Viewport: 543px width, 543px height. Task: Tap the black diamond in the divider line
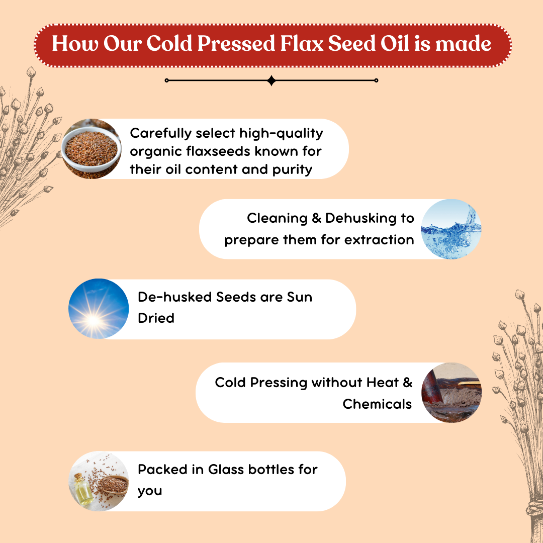[x=271, y=80]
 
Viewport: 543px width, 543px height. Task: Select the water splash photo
[x=451, y=229]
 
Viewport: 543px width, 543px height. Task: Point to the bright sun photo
[x=99, y=309]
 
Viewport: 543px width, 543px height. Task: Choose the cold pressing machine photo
[x=451, y=393]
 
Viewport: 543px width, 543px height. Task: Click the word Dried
[x=156, y=318]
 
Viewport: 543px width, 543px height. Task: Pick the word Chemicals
[x=377, y=404]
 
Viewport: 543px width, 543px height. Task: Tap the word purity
[x=292, y=169]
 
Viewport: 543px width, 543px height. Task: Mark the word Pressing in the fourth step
[x=279, y=383]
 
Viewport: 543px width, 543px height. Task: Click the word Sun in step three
[x=300, y=297]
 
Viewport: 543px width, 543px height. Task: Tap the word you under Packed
[x=150, y=491]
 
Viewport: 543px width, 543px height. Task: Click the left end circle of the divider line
[x=167, y=80]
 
